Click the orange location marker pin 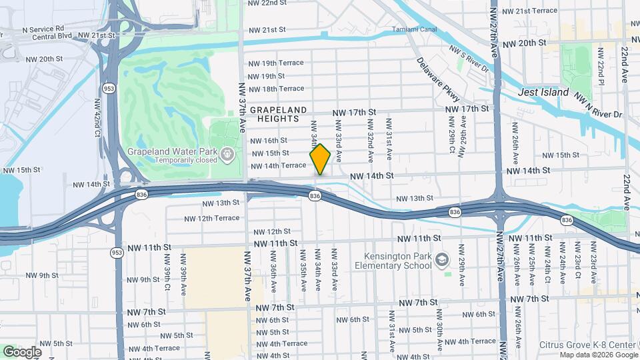321,159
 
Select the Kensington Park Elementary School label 398,261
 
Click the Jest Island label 544,93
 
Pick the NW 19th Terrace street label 276,63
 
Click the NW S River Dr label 469,59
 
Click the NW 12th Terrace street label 212,218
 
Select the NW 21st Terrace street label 529,11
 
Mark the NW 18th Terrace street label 276,89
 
